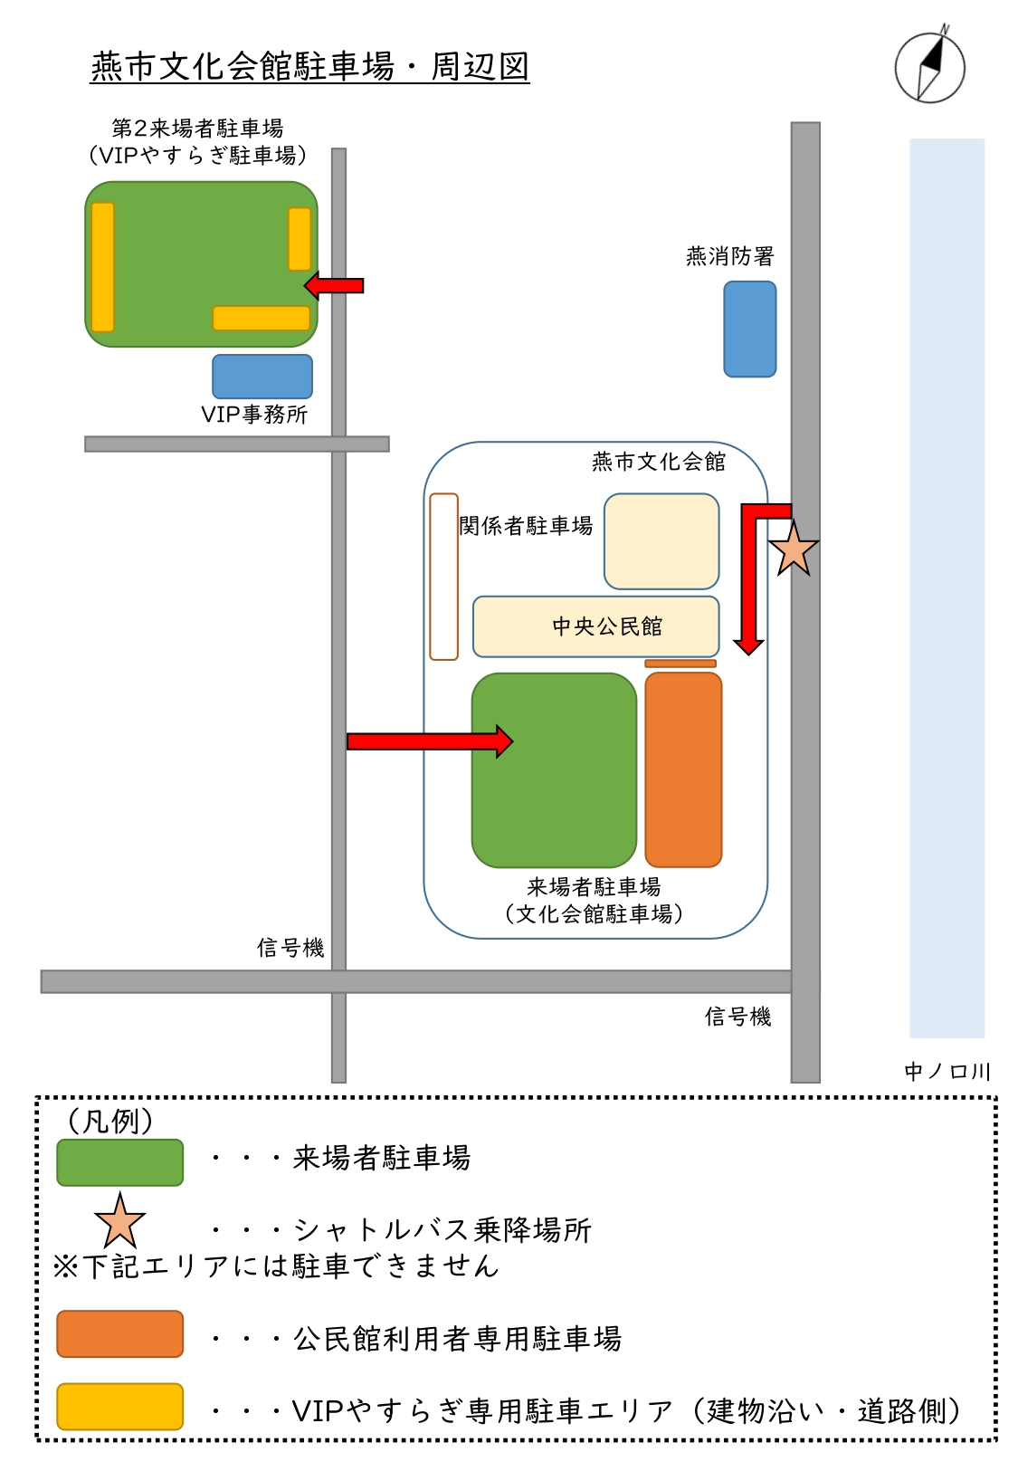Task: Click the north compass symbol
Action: pos(929,67)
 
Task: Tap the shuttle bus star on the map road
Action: pos(793,549)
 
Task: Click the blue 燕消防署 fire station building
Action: pos(749,329)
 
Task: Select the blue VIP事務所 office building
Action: pos(262,377)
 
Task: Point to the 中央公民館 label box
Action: pos(596,626)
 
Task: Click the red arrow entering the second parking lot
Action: pos(334,286)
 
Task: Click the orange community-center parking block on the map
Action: pos(683,769)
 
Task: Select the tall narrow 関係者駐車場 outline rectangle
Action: pos(443,576)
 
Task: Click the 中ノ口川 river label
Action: pos(947,1072)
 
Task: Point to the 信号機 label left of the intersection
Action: pos(290,948)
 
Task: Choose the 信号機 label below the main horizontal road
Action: pos(737,1017)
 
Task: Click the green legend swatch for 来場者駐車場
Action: pos(120,1162)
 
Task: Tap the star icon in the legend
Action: pos(119,1221)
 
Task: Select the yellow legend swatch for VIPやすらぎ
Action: pos(120,1406)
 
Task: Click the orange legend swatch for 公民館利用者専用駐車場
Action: pos(120,1333)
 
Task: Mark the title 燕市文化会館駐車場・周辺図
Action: pos(309,66)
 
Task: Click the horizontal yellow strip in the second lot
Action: pos(262,318)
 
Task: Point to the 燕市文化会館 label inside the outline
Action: pos(659,462)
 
